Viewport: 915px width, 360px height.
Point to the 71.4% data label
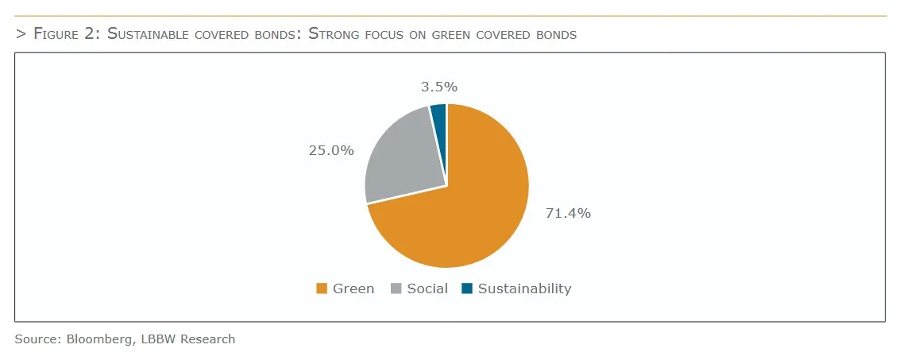(x=567, y=213)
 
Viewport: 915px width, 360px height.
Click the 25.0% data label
(x=331, y=149)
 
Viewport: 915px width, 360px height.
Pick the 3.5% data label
(x=438, y=87)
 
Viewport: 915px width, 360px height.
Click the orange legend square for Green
(x=322, y=288)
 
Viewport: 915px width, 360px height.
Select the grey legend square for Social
(x=396, y=288)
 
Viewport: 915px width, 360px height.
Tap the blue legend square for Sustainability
(x=467, y=288)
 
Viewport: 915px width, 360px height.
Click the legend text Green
(x=353, y=288)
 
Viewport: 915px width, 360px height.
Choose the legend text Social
(x=427, y=288)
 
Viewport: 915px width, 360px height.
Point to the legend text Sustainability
(x=524, y=288)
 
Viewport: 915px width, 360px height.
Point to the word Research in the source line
(x=207, y=339)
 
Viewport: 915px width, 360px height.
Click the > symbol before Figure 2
(x=21, y=34)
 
